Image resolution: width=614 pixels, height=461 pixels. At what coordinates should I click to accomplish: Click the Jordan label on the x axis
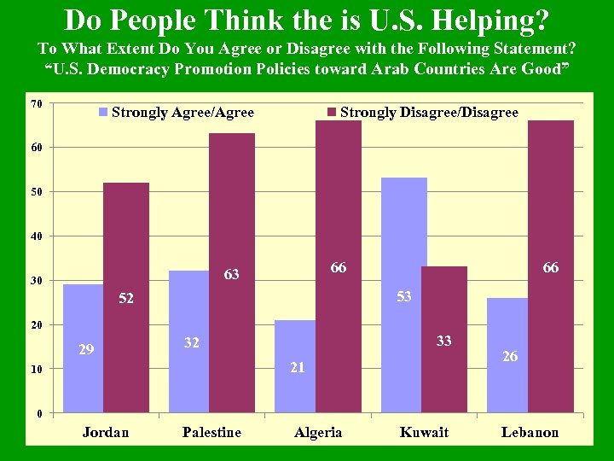(106, 432)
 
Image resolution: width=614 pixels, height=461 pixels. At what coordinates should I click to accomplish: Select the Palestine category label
(211, 432)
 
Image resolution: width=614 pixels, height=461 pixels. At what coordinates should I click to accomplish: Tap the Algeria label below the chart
(318, 432)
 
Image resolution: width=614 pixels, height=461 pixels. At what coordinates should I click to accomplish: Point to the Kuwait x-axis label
(424, 432)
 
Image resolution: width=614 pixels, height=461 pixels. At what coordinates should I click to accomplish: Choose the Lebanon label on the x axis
(530, 432)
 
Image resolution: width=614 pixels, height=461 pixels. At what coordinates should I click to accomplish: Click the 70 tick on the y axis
(36, 104)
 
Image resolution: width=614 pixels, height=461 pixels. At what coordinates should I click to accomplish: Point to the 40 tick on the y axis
(36, 236)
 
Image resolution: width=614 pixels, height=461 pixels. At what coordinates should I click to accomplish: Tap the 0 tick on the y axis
(38, 414)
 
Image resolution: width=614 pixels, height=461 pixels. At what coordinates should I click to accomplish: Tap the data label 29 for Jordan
(86, 349)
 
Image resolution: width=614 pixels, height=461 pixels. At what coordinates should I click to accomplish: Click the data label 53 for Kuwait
(403, 296)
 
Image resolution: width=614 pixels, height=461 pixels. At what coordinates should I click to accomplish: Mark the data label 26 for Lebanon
(510, 356)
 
